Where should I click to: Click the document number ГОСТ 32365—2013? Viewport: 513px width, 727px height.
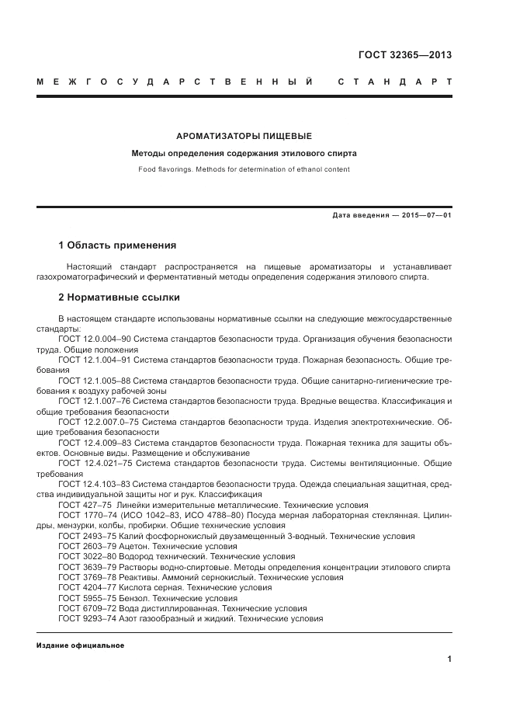click(x=404, y=55)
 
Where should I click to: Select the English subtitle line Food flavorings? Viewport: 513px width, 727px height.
click(x=244, y=169)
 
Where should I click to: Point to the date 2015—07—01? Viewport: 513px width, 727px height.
click(x=423, y=215)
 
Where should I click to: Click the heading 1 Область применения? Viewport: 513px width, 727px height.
click(x=117, y=245)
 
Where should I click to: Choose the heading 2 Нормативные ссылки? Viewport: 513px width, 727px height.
click(x=119, y=297)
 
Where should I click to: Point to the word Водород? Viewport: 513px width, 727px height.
click(x=136, y=557)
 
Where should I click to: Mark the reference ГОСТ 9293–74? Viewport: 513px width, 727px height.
click(x=85, y=619)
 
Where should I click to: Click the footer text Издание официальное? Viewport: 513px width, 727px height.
click(x=80, y=645)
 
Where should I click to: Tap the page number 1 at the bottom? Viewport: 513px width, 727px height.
click(x=449, y=659)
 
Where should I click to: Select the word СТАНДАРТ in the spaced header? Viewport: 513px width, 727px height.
click(x=395, y=82)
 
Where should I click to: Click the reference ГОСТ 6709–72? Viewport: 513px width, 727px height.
click(x=85, y=609)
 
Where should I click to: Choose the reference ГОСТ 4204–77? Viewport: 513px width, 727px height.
click(x=85, y=588)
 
